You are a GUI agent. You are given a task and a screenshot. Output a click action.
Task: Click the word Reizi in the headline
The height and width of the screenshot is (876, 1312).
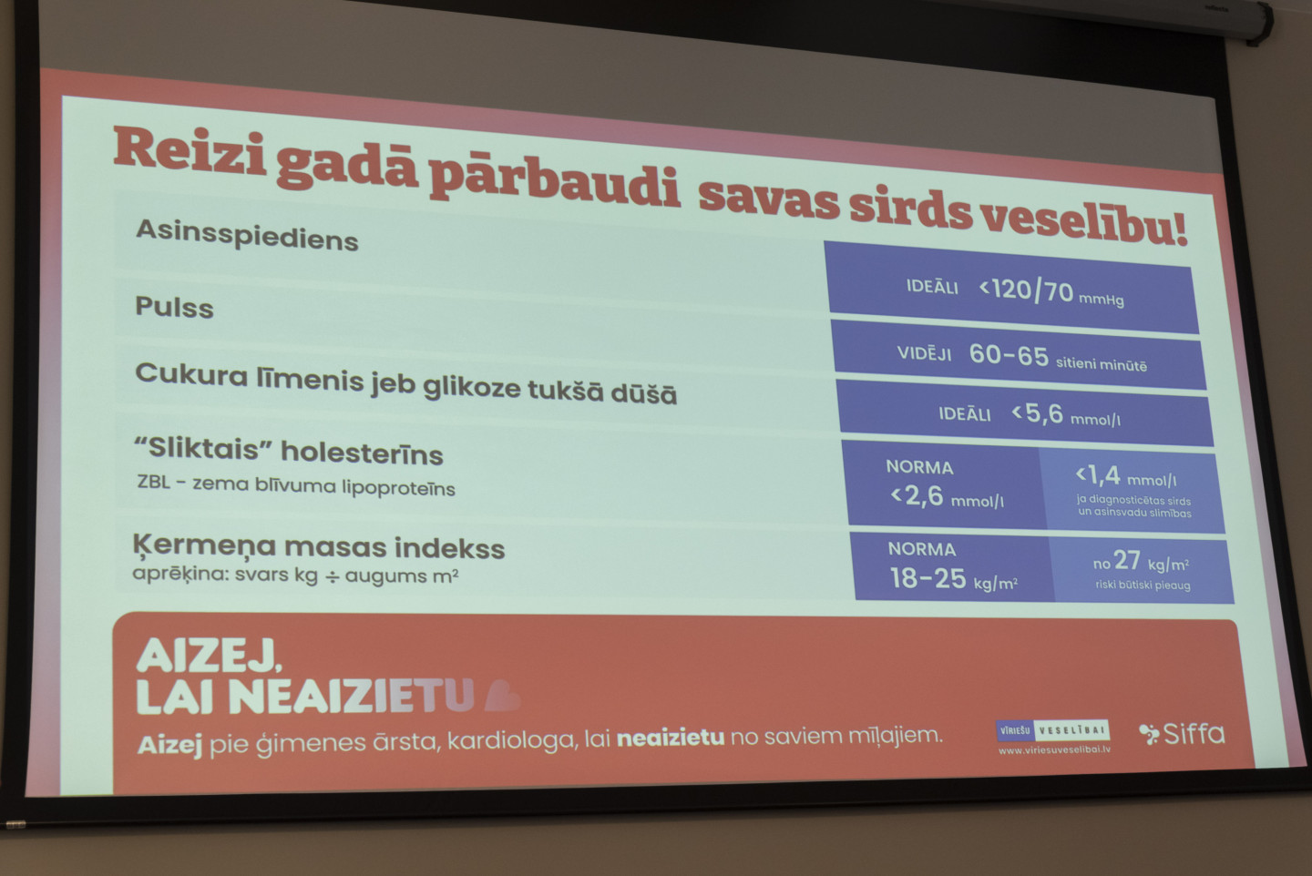[190, 150]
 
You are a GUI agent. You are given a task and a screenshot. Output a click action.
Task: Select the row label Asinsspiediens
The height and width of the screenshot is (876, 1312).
[247, 236]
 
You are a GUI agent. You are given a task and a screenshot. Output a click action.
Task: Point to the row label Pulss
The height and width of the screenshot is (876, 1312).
[175, 307]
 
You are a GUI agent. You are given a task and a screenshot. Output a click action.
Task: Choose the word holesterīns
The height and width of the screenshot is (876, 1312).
[362, 453]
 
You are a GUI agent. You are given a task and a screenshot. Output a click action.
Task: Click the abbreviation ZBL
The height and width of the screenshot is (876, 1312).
[154, 482]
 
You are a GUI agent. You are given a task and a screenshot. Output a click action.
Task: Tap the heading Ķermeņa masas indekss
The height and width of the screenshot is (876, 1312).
[319, 547]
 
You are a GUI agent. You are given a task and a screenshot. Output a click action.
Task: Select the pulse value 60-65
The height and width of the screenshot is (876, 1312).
[1009, 355]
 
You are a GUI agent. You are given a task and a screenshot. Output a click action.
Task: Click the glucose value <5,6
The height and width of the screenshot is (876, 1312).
[1037, 413]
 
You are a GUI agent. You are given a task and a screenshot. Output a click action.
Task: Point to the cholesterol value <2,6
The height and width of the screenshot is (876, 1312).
[917, 496]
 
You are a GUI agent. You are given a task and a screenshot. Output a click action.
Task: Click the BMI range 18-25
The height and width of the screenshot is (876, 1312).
[928, 578]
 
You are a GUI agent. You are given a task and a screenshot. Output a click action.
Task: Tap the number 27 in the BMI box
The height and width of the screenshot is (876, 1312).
[1127, 560]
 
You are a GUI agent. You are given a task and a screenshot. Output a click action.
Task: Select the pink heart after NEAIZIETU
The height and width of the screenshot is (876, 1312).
[502, 696]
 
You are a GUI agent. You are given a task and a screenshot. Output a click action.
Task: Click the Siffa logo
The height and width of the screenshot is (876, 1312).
[1182, 734]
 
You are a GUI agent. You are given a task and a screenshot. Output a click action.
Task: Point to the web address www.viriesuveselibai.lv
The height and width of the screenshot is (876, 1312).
[1054, 749]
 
